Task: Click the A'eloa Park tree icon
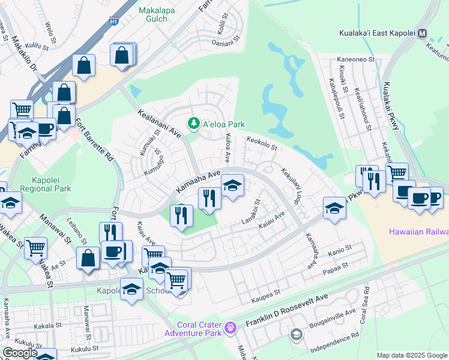point(193,124)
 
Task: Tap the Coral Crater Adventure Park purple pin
point(232,328)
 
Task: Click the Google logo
point(20,353)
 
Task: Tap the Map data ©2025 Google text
point(411,355)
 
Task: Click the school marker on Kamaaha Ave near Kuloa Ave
point(232,185)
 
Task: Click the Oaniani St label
point(226,43)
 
